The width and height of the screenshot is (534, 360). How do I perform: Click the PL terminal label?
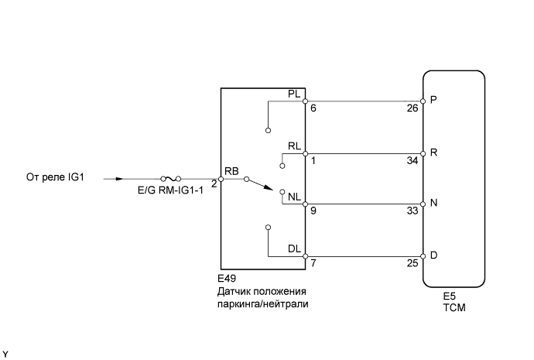293,94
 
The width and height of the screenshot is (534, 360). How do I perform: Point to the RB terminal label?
231,170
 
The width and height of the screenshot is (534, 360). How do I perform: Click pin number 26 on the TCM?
412,108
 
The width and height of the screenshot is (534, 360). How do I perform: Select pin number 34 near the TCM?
412,160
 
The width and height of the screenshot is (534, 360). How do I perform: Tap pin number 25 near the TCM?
412,263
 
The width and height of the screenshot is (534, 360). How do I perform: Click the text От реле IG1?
54,178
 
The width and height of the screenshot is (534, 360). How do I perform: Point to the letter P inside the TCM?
433,101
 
